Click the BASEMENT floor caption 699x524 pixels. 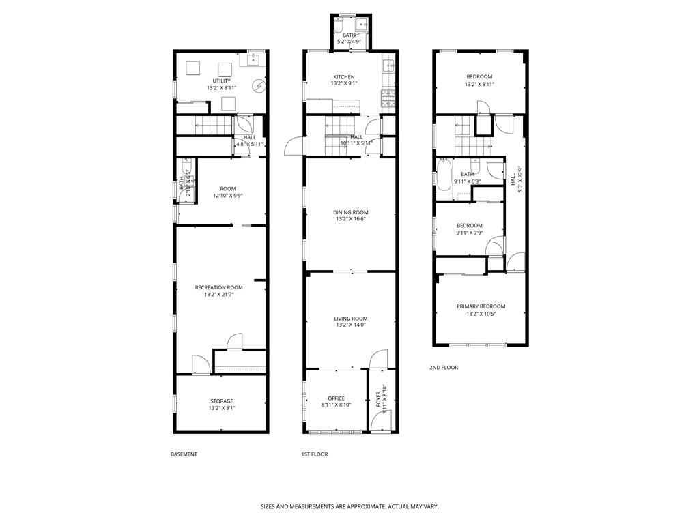[184, 454]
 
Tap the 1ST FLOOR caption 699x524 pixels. [315, 454]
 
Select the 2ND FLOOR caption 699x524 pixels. [444, 368]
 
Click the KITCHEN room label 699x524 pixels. [343, 76]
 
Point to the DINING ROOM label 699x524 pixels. [351, 212]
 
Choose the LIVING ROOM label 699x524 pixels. [351, 319]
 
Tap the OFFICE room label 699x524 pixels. [336, 398]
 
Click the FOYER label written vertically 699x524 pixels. [379, 401]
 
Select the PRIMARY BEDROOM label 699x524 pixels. [481, 306]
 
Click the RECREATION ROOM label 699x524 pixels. [218, 288]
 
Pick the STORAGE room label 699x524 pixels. [221, 401]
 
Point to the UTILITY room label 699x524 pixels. [221, 81]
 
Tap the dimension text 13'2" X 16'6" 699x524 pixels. [351, 220]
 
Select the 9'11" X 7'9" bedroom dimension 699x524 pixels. [469, 233]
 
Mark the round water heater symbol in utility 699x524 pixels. [259, 86]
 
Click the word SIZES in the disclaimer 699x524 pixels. [269, 507]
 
